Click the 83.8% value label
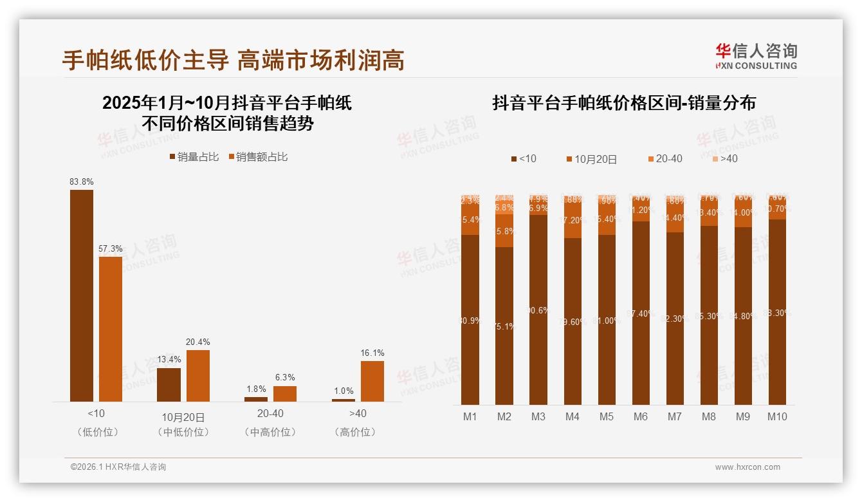(x=82, y=182)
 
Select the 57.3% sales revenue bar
(x=111, y=329)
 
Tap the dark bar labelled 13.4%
(x=169, y=385)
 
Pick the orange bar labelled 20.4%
(x=198, y=376)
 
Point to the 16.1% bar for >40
(x=372, y=381)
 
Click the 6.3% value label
(x=285, y=378)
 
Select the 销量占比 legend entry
(x=194, y=157)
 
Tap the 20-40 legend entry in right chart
(x=665, y=159)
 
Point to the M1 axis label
(x=470, y=417)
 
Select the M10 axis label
(x=777, y=417)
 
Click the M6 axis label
(x=641, y=417)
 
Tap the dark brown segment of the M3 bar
(x=538, y=310)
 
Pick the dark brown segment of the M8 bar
(x=709, y=315)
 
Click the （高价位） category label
(x=358, y=432)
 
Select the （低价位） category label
(x=97, y=432)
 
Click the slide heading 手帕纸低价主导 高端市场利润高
(x=234, y=60)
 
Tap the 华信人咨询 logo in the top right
(x=757, y=56)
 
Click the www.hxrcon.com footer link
(x=747, y=467)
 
